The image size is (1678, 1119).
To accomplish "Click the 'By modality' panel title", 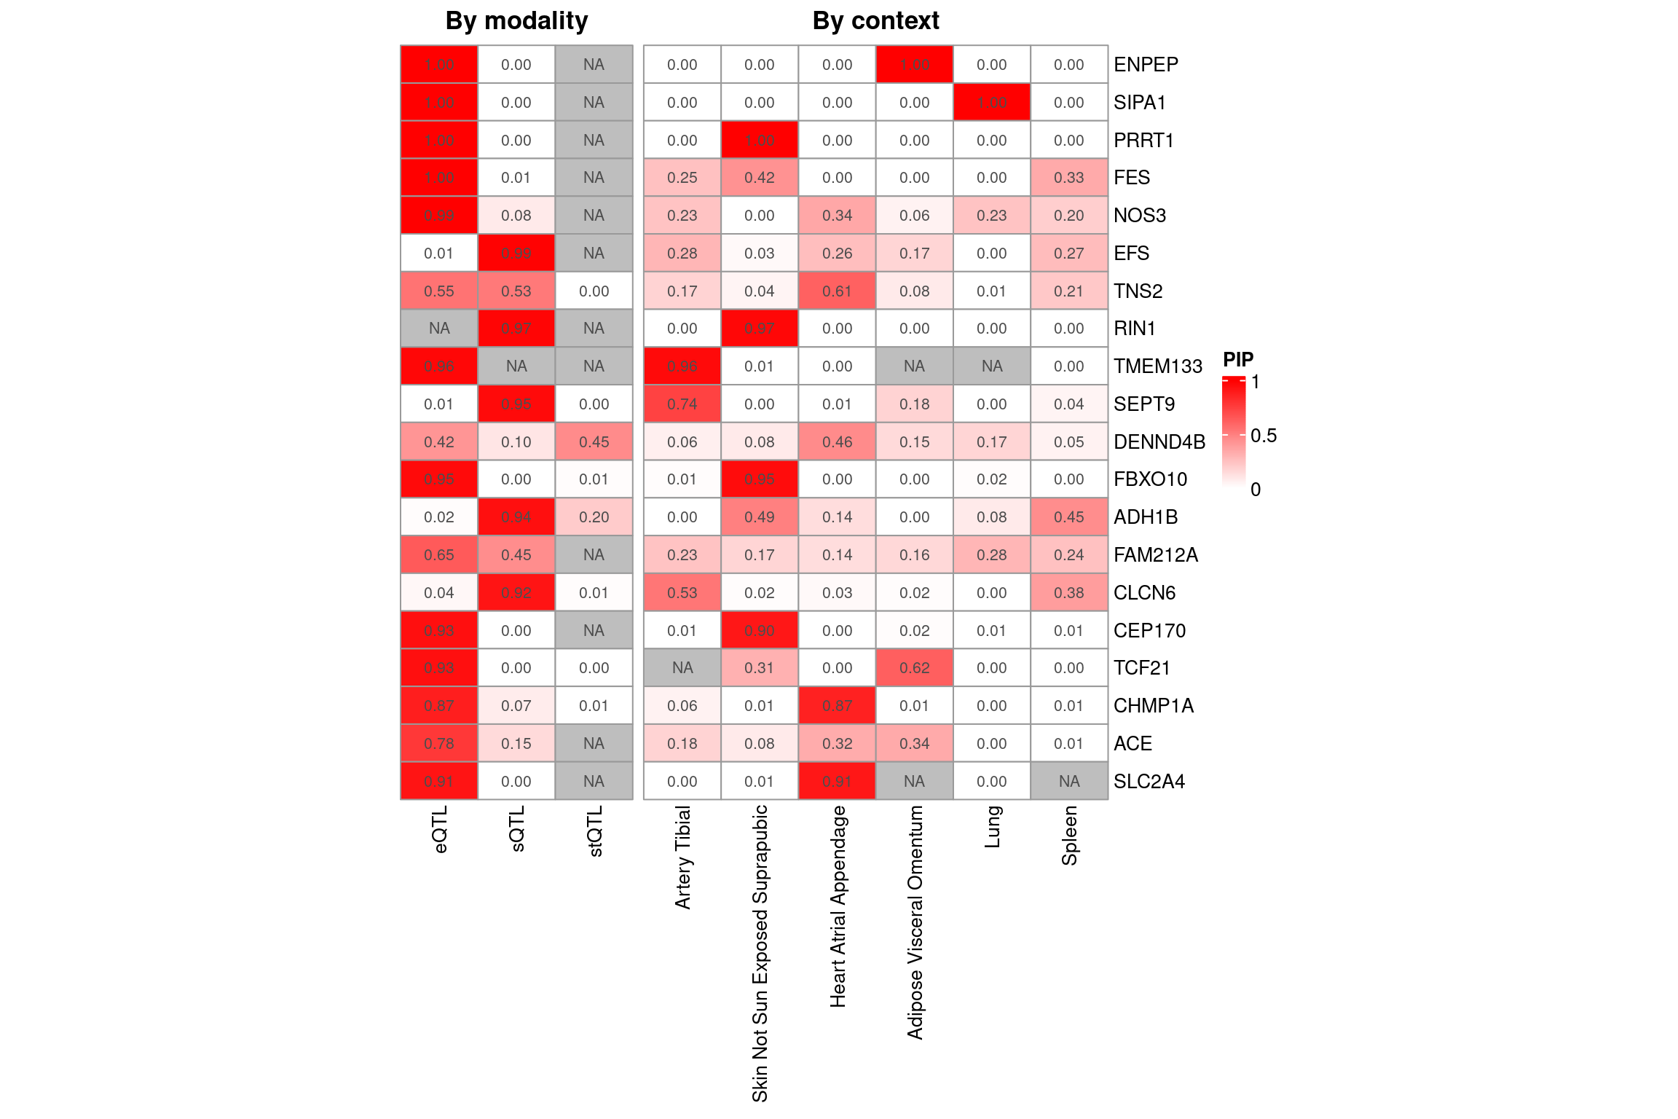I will click(x=516, y=21).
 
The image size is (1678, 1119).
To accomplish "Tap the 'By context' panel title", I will click(x=875, y=21).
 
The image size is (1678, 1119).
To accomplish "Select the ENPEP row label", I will click(x=1146, y=65).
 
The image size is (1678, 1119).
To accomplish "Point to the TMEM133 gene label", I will click(x=1157, y=366).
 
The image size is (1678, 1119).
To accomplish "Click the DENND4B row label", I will click(x=1159, y=442).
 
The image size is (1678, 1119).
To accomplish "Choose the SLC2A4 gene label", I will click(x=1149, y=782).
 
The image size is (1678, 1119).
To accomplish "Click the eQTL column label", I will click(x=440, y=829).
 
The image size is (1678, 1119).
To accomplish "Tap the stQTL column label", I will click(x=594, y=831).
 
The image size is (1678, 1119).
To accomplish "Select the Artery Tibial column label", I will click(x=682, y=857).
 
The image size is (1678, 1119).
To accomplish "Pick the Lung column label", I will click(x=992, y=827).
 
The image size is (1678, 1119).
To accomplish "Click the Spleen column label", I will click(x=1069, y=836).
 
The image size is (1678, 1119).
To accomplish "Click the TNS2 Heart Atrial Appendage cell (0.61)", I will click(x=837, y=291).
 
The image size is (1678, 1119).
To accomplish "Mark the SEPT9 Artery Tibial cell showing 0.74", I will click(x=682, y=404).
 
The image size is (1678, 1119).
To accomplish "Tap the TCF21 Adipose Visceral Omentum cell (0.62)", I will click(x=914, y=668).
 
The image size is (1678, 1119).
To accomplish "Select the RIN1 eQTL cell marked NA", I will click(x=439, y=329).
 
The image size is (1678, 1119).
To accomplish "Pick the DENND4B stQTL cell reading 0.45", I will click(x=594, y=442).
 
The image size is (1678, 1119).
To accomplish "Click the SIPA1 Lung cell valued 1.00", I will click(x=992, y=103).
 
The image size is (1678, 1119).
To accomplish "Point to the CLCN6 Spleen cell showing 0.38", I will click(x=1069, y=593).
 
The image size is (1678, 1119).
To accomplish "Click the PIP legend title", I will click(x=1238, y=359).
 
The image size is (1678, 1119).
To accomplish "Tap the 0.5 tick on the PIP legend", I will click(x=1263, y=436).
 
